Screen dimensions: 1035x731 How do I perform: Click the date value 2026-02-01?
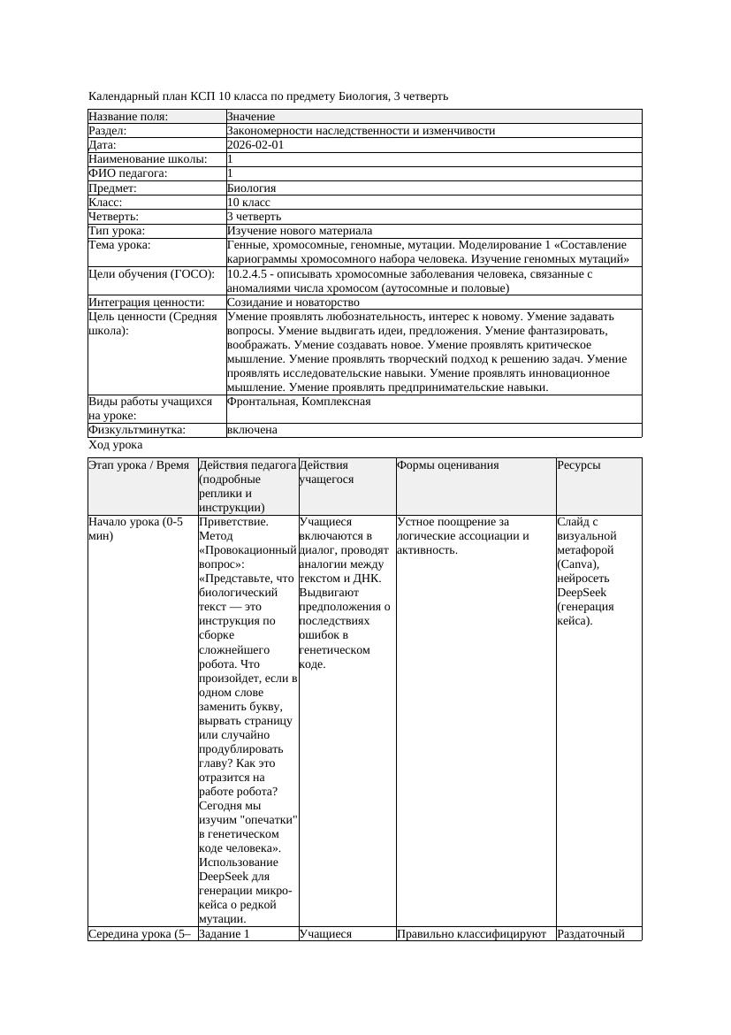255,145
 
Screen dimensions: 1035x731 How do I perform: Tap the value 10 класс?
248,203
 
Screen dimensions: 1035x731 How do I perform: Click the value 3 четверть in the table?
254,217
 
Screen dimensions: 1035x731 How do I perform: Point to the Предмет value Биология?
251,188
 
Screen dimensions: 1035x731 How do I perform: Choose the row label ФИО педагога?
128,174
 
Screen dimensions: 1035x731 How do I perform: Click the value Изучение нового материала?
300,231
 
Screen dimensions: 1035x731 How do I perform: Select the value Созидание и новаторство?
293,303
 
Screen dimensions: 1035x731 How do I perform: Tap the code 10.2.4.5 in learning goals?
248,274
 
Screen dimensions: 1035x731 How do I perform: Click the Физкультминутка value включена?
252,430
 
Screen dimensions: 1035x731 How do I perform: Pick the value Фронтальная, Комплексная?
299,402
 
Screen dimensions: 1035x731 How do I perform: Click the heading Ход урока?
115,445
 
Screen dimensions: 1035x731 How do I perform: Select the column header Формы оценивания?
448,465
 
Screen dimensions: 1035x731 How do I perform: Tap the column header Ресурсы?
579,465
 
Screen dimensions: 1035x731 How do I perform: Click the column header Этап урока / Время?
139,465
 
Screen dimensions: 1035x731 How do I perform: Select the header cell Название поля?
128,117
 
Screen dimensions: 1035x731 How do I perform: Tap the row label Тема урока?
119,245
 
